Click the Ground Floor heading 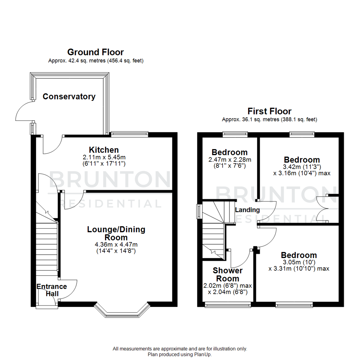[x=95, y=52]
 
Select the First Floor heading [x=269, y=111]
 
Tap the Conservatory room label [x=69, y=97]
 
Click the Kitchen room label [x=104, y=150]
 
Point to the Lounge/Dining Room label [x=116, y=233]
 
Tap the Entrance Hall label [x=52, y=290]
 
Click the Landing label [x=247, y=210]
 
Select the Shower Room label [x=228, y=274]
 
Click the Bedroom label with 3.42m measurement [x=302, y=159]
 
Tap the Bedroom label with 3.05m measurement [x=299, y=255]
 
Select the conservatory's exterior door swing [x=24, y=112]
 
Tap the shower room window [x=228, y=304]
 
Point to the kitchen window [x=129, y=134]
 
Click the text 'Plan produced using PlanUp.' [x=180, y=355]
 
